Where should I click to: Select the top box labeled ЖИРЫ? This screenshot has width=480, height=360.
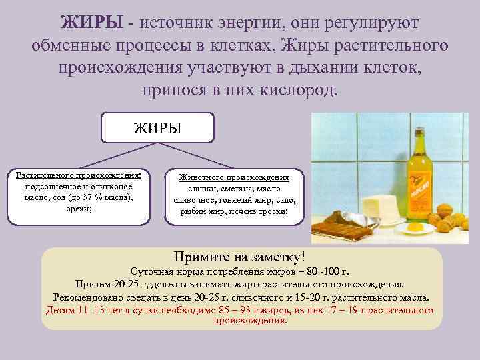[x=157, y=127]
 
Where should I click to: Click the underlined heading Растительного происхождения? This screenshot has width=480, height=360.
[x=79, y=175]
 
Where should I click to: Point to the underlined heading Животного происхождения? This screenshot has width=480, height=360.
[x=234, y=178]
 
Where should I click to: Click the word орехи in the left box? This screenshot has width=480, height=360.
[x=77, y=209]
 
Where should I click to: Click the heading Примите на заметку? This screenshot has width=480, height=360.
[x=239, y=257]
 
